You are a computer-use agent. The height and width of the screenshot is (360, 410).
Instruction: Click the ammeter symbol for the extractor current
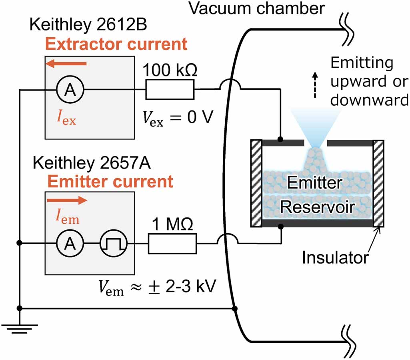click(x=70, y=91)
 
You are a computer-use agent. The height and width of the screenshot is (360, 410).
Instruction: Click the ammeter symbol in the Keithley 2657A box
click(x=70, y=243)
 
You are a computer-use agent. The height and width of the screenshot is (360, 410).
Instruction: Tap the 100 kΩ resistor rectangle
click(x=170, y=89)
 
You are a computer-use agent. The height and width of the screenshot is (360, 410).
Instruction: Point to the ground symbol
click(x=19, y=328)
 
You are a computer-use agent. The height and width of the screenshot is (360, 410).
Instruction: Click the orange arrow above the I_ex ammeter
click(x=66, y=63)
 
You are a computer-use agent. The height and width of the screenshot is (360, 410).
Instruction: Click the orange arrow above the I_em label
click(x=66, y=201)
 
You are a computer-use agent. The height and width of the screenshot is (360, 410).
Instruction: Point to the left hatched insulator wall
click(x=256, y=183)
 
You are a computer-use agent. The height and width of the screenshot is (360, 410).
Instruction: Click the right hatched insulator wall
click(x=378, y=183)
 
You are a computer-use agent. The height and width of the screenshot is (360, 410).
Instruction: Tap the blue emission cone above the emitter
click(x=316, y=128)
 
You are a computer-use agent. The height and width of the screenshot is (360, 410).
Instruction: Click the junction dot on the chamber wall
click(x=235, y=309)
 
